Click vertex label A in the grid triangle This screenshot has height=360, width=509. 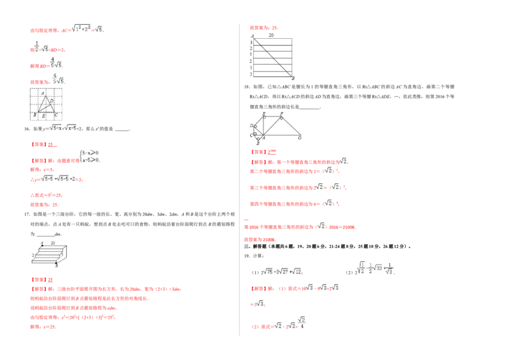coord(42,93)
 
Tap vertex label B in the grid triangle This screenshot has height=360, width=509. coord(34,114)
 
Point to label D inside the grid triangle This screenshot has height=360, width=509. coord(52,100)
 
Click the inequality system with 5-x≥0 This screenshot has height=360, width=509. coord(90,156)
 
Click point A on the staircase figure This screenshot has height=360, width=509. coord(42,243)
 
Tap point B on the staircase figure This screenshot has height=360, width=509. coord(56,264)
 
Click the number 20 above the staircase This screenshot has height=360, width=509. coord(53,243)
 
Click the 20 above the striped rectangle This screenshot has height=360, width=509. coord(272,35)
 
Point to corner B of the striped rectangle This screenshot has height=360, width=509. coord(293,78)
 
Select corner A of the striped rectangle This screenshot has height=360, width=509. coord(252,36)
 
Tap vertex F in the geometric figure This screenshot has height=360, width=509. coord(281,114)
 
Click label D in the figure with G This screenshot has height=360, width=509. coord(252,125)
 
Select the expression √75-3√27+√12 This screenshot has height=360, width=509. coord(282,270)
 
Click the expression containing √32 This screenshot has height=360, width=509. coord(376,268)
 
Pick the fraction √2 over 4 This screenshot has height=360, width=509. coord(302,322)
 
